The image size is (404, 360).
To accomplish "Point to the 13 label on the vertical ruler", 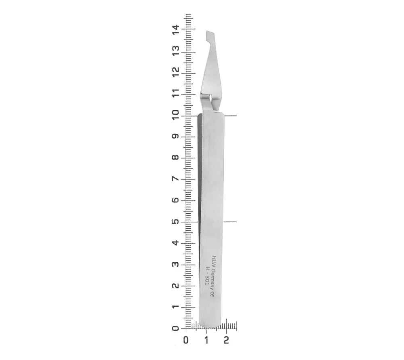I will pos(175,51).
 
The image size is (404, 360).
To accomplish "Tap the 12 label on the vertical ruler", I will pos(175,73).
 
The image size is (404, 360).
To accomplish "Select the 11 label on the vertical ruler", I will pos(175,94).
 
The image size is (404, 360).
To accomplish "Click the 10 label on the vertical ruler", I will pos(175,116).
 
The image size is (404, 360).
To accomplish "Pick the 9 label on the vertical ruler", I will pos(175,137).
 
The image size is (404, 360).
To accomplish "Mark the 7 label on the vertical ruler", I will pos(175,179).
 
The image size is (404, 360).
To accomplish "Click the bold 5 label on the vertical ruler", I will pos(175,222).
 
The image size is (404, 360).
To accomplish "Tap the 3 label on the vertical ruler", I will pos(175,265).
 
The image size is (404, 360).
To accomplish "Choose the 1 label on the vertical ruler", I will pos(175,307).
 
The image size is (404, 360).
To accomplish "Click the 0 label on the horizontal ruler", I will pos(186,340).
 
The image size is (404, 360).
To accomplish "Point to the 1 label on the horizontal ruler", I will pos(206,340).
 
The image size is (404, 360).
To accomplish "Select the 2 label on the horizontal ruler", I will pos(226,340).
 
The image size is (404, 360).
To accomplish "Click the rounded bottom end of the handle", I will pos(212,324).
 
